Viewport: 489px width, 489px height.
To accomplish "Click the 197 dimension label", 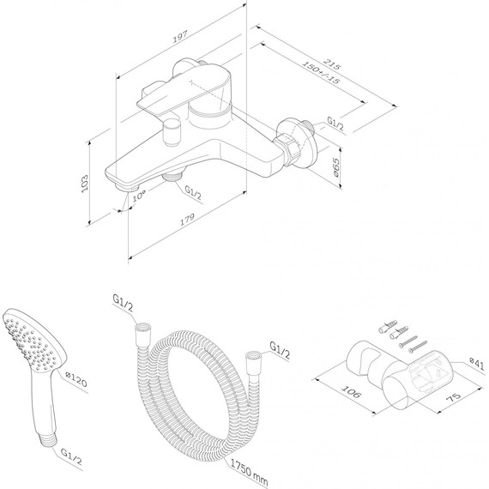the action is (x=180, y=37).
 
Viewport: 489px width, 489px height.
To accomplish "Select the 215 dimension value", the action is (x=332, y=63).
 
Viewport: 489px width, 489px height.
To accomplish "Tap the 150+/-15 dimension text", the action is (x=321, y=72).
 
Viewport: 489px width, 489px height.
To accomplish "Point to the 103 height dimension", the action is (x=85, y=184).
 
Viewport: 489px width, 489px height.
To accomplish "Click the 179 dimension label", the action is (x=187, y=219).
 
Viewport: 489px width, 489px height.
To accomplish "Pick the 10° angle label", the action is (x=139, y=196).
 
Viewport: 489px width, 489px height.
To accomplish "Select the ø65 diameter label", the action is (x=335, y=168).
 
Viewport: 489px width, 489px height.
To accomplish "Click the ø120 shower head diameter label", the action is (x=76, y=379).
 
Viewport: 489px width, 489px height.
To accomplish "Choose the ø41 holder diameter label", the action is (x=477, y=364).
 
